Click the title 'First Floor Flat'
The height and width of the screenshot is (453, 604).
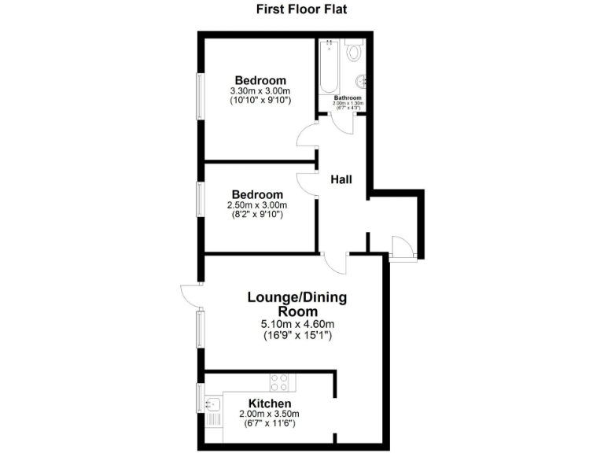pyautogui.click(x=302, y=10)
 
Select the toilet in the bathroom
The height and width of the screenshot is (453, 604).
pyautogui.click(x=354, y=52)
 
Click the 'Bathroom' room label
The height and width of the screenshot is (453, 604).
pyautogui.click(x=348, y=98)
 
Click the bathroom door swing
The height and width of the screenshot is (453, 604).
pyautogui.click(x=340, y=122)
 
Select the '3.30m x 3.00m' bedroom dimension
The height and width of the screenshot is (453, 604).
pyautogui.click(x=260, y=90)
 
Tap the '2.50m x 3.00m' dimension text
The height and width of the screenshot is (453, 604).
pyautogui.click(x=256, y=205)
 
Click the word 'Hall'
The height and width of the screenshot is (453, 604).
pyautogui.click(x=341, y=180)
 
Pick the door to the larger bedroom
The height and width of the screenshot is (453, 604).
pyautogui.click(x=307, y=138)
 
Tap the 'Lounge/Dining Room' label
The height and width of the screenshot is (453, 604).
pyautogui.click(x=296, y=304)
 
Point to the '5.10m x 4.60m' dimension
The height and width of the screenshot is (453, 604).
pyautogui.click(x=297, y=325)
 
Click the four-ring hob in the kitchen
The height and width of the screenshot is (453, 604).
pyautogui.click(x=279, y=382)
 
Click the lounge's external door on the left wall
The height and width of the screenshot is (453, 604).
pyautogui.click(x=190, y=296)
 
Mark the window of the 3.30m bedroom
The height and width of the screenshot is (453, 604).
pyautogui.click(x=200, y=97)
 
